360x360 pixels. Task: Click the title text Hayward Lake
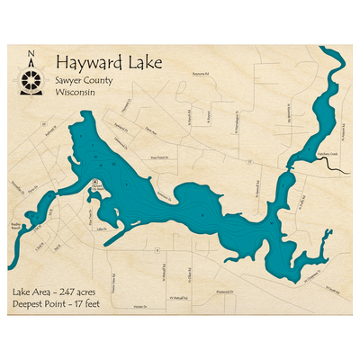click(101, 62)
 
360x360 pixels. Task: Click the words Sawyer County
click(86, 80)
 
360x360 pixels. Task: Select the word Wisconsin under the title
click(76, 92)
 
